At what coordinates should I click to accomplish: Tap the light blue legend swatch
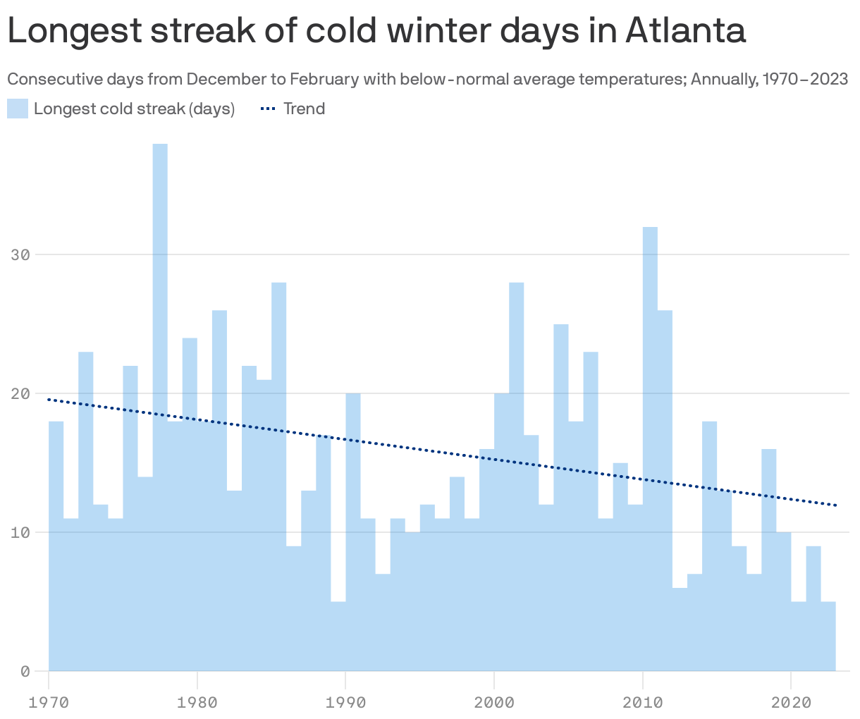click(x=18, y=109)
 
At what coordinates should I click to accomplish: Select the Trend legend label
click(x=304, y=109)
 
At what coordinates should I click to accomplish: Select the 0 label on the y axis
click(x=25, y=671)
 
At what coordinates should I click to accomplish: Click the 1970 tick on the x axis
click(x=49, y=702)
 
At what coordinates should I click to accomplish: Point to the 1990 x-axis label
click(x=345, y=702)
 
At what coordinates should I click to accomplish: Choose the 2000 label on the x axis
click(x=494, y=702)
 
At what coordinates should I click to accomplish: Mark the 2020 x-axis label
click(x=791, y=702)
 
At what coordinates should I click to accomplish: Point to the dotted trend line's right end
click(x=835, y=505)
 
